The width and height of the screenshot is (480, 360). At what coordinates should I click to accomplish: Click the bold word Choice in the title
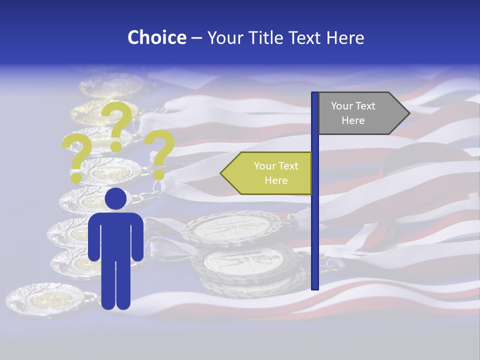[156, 37]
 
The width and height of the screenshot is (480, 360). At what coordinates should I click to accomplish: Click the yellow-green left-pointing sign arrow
[267, 173]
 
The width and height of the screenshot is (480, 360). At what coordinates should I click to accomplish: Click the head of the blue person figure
[115, 198]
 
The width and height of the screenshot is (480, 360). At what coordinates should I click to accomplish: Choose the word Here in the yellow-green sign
[276, 180]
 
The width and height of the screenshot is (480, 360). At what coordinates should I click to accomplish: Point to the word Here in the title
[345, 37]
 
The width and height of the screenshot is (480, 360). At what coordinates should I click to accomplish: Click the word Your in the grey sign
[342, 106]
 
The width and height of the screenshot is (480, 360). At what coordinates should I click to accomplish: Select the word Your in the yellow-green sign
[265, 166]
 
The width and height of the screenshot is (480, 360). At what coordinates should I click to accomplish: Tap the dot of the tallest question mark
[116, 146]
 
